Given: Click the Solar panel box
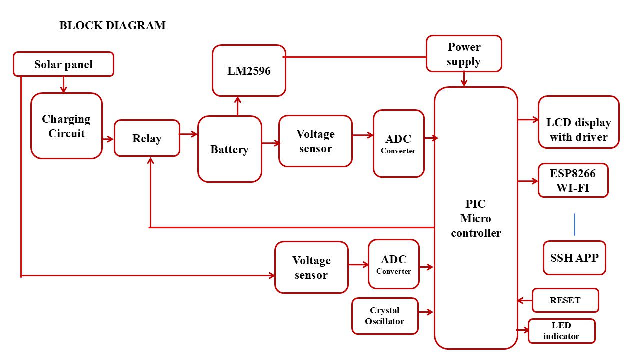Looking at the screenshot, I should (x=63, y=64).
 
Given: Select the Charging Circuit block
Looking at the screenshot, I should (x=66, y=126).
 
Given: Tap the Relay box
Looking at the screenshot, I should (x=147, y=138).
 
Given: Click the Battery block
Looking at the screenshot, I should (x=229, y=149).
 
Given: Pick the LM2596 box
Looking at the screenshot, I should (x=249, y=71).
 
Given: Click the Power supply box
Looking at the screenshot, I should (x=464, y=54).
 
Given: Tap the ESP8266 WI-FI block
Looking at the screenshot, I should (x=573, y=180).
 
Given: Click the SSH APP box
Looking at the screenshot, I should (x=574, y=258).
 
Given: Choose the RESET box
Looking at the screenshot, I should (x=565, y=300).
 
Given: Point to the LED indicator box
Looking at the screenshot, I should (x=561, y=331).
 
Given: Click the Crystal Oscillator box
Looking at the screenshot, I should (x=384, y=316).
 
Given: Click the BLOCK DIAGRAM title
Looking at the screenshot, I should (x=112, y=26).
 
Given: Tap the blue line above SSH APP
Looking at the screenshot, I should (x=574, y=224).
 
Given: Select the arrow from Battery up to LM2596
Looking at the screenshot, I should (x=238, y=106).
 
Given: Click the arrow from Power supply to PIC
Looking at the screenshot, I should (x=464, y=79).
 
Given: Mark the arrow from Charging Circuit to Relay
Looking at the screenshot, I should (x=108, y=139).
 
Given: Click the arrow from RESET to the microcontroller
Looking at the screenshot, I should (x=525, y=300).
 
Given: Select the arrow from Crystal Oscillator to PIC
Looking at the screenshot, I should (x=426, y=312).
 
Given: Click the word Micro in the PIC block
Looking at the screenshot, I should (x=475, y=218).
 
